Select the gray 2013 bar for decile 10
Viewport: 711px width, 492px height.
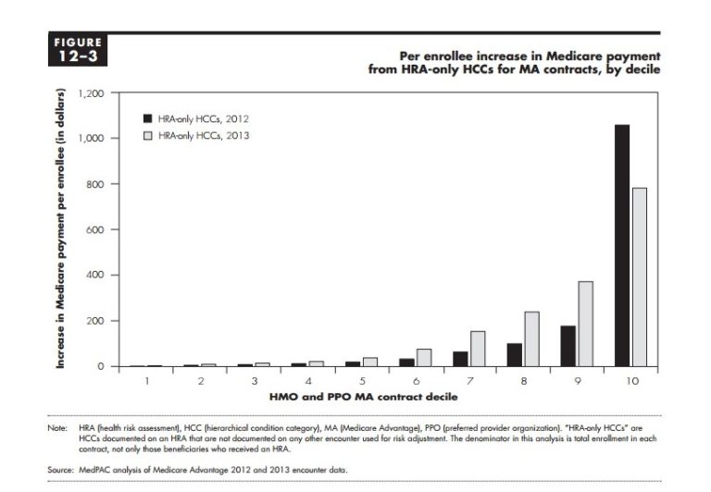pyautogui.click(x=639, y=277)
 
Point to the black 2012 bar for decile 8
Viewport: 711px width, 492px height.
pyautogui.click(x=515, y=354)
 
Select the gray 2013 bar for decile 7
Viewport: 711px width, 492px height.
pyautogui.click(x=479, y=349)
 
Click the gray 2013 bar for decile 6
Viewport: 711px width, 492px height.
pyautogui.click(x=425, y=357)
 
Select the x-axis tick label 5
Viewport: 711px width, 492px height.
pyautogui.click(x=363, y=380)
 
